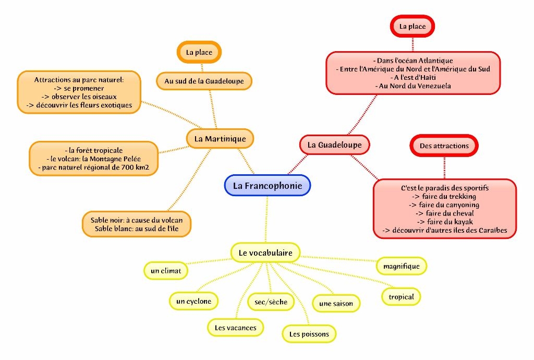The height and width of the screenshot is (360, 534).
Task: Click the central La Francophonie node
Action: click(267, 185)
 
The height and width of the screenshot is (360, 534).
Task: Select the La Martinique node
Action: click(220, 139)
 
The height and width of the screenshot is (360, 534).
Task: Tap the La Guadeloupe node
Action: click(334, 145)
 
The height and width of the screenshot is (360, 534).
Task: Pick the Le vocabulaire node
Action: click(265, 253)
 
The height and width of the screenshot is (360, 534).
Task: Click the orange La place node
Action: click(199, 52)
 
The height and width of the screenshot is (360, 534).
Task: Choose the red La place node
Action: click(412, 26)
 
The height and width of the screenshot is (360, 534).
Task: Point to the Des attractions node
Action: click(444, 146)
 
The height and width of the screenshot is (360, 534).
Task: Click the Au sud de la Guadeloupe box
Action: click(204, 81)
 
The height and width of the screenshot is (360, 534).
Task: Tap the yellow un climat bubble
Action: click(165, 271)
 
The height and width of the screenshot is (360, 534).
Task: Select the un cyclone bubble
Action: click(193, 301)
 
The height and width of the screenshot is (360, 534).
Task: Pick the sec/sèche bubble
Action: click(271, 302)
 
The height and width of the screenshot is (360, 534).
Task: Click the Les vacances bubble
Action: click(236, 328)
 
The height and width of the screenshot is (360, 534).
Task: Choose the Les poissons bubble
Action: click(309, 334)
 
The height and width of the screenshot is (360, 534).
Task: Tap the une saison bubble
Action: click(336, 303)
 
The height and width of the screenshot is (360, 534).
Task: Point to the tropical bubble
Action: click(401, 297)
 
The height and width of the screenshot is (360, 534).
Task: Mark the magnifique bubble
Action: click(401, 267)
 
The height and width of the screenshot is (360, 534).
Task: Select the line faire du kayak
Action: click(445, 222)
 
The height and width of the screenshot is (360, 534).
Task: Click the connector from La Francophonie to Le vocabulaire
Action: click(267, 219)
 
